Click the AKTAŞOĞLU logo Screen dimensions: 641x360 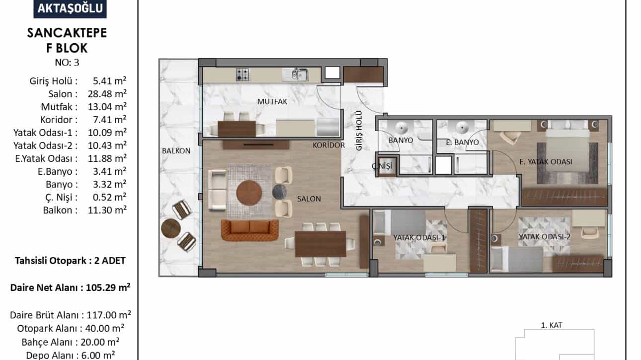[x=70, y=8]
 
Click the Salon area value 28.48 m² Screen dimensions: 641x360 [x=107, y=94]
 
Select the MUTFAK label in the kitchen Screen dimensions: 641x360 [x=272, y=101]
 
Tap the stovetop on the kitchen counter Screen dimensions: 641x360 [x=242, y=74]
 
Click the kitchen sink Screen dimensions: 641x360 [x=295, y=74]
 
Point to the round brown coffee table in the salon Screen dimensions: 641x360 [x=249, y=193]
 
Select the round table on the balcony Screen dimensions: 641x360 [x=171, y=228]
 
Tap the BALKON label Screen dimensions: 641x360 [x=176, y=150]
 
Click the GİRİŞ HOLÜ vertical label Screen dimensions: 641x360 [x=359, y=131]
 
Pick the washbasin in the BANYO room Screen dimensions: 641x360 [x=402, y=127]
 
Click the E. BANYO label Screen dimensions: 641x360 [x=462, y=142]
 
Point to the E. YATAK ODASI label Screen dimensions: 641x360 [x=546, y=162]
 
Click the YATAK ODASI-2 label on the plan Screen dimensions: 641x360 [x=545, y=237]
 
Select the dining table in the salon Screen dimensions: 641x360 [x=320, y=244]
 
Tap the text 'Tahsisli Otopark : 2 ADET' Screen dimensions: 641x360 [x=70, y=261]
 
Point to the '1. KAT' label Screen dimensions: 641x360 [x=552, y=325]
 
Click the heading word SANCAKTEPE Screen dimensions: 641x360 [x=67, y=33]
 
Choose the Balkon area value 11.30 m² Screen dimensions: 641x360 [x=107, y=210]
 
